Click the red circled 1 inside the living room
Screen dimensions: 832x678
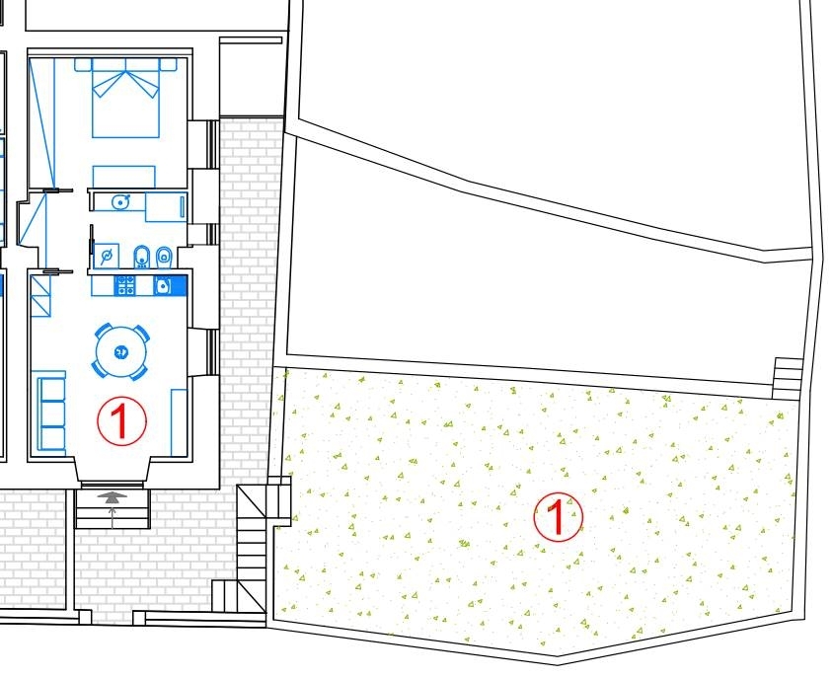(x=121, y=420)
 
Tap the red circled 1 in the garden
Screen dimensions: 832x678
(x=558, y=517)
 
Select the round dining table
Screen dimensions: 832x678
(x=121, y=351)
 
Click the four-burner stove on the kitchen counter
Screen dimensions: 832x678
(x=125, y=285)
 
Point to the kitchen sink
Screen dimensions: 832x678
(x=164, y=286)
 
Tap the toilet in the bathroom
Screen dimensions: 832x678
(x=165, y=258)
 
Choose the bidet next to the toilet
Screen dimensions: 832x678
(x=142, y=258)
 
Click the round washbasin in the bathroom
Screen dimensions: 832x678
(x=121, y=201)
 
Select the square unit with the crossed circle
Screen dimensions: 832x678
(x=107, y=256)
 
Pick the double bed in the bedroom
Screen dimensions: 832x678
(x=125, y=98)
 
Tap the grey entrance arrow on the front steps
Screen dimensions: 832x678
(x=112, y=496)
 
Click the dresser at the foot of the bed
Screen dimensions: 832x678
(x=124, y=177)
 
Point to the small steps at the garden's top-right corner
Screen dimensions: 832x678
(x=788, y=378)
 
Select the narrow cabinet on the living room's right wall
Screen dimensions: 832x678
(x=180, y=422)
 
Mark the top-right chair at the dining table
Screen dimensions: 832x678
(x=142, y=334)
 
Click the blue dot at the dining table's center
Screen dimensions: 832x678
(x=121, y=351)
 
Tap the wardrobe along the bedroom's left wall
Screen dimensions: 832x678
(x=41, y=123)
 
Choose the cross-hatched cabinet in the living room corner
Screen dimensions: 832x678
(x=40, y=295)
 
